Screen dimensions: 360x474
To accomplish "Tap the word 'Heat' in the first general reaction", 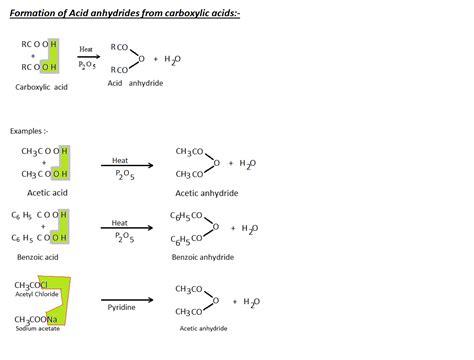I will pos(86,48).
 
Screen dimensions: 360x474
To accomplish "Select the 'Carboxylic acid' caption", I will pos(42,89).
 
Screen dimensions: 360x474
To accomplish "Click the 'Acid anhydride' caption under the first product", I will pos(135,83).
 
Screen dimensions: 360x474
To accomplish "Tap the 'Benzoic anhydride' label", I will pos(201,255).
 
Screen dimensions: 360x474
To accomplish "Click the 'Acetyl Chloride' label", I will pos(37,295).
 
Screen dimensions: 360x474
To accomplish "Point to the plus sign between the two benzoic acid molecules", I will pos(43,226).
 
